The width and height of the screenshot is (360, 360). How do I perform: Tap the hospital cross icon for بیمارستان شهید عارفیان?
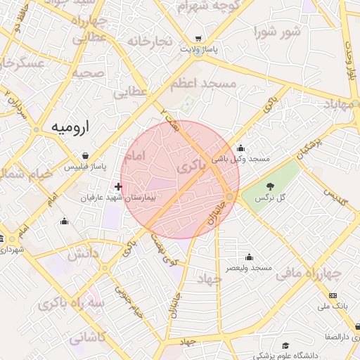(x=118, y=186)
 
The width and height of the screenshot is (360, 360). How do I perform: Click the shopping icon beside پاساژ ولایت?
(x=199, y=39)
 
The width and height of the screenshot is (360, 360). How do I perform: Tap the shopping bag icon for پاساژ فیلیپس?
(x=85, y=156)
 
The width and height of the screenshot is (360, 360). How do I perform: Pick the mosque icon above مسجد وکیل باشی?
(x=241, y=148)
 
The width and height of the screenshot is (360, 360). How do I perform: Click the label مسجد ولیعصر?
(x=249, y=268)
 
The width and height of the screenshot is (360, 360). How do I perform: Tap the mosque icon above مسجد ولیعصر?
(x=249, y=257)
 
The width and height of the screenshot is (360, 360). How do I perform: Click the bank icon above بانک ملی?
(x=333, y=295)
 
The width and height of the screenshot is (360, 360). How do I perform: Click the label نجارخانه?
(x=149, y=41)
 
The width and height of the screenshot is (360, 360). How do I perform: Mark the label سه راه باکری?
(x=74, y=304)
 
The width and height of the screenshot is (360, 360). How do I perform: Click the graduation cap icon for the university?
(x=285, y=345)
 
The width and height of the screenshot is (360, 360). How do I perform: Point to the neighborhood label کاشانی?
(x=87, y=337)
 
